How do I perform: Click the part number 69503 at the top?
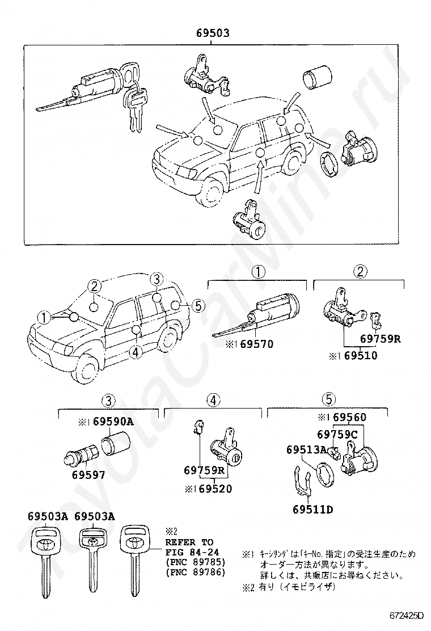click(213, 33)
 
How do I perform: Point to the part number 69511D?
click(313, 509)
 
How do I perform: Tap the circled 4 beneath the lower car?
click(134, 352)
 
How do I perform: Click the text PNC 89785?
click(196, 562)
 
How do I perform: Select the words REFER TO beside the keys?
click(189, 542)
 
